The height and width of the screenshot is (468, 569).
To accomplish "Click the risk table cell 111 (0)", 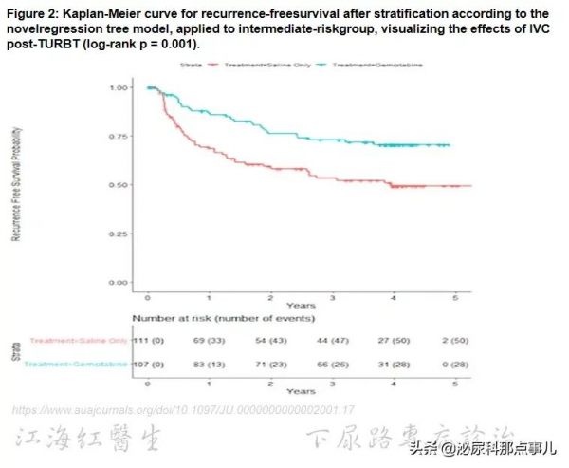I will pyautogui.click(x=147, y=340).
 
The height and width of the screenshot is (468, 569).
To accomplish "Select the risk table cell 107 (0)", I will pyautogui.click(x=147, y=365).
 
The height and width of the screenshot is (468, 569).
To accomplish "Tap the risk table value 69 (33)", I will pyautogui.click(x=209, y=340).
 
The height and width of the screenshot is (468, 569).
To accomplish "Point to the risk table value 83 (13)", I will pyautogui.click(x=209, y=365).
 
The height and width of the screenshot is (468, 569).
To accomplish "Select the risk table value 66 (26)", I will pyautogui.click(x=333, y=365).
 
